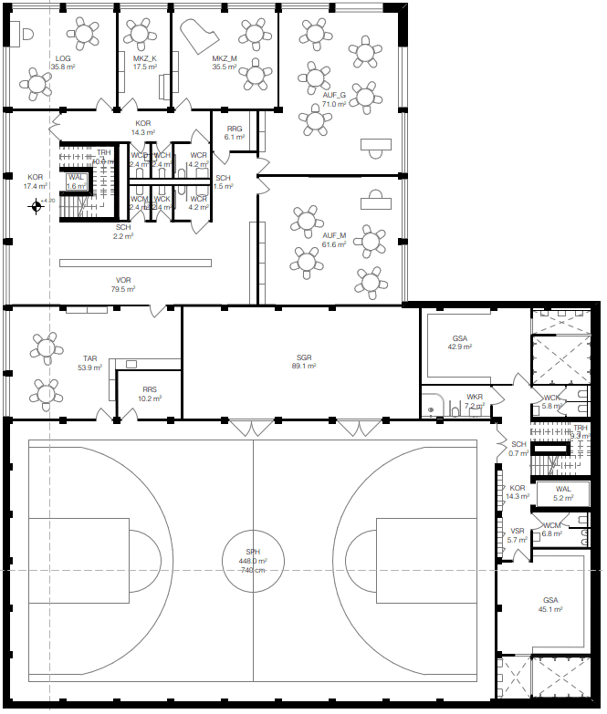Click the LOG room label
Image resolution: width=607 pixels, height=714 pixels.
coord(63,62)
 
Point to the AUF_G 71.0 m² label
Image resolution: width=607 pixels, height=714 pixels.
coord(334,99)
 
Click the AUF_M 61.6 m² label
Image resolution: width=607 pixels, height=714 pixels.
coord(334,240)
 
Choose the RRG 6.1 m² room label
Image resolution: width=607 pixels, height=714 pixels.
coord(235,133)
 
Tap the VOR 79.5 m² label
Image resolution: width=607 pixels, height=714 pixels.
coord(123,285)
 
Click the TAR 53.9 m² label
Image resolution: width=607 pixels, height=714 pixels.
coord(89,363)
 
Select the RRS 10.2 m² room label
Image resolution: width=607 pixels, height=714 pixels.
coord(150,394)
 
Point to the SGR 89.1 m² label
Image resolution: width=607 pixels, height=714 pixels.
coord(304,361)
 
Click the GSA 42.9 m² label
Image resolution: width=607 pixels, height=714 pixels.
coord(459,342)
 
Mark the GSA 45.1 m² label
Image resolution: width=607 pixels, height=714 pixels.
coord(549,605)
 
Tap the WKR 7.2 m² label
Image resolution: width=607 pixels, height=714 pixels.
coord(475,400)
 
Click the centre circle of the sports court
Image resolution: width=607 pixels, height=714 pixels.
coord(253,559)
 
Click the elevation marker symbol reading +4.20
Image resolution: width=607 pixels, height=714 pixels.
coord(37,206)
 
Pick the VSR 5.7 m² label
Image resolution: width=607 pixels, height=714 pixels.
coord(518,535)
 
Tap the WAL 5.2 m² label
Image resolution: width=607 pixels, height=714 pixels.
coord(563,493)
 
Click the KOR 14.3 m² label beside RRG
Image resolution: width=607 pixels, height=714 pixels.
coord(143,128)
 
